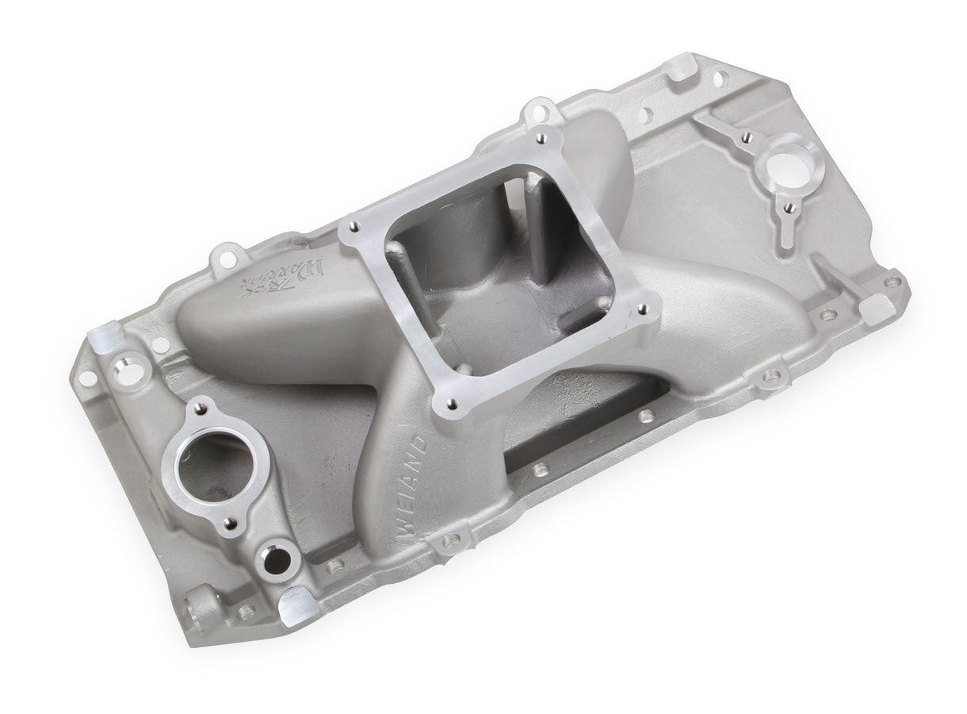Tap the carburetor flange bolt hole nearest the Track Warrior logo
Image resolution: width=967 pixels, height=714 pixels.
click(x=351, y=229)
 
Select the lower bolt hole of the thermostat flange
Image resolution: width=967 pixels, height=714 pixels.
click(x=231, y=522)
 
